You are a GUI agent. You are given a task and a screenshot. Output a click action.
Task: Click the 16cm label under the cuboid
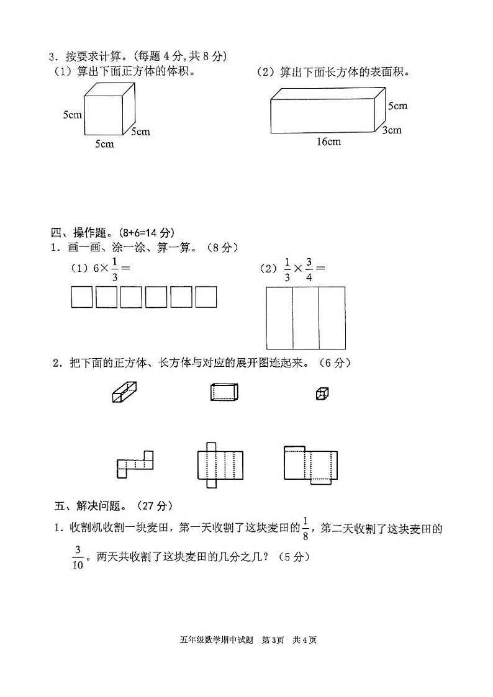click(x=328, y=142)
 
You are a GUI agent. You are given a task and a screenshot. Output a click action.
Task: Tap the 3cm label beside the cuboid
click(x=392, y=130)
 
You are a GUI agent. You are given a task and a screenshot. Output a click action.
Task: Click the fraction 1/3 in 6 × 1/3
click(x=115, y=269)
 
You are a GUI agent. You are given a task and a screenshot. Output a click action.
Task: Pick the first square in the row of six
click(x=81, y=297)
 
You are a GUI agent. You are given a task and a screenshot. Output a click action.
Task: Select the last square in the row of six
click(x=206, y=297)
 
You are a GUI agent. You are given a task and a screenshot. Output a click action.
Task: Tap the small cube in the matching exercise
click(x=322, y=393)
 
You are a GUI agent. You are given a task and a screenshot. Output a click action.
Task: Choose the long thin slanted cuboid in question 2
click(x=124, y=392)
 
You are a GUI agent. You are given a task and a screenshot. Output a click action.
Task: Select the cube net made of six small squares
click(x=134, y=464)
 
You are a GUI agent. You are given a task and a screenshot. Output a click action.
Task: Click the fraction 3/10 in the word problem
click(x=78, y=557)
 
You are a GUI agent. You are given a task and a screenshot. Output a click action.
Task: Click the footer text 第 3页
click(x=273, y=640)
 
